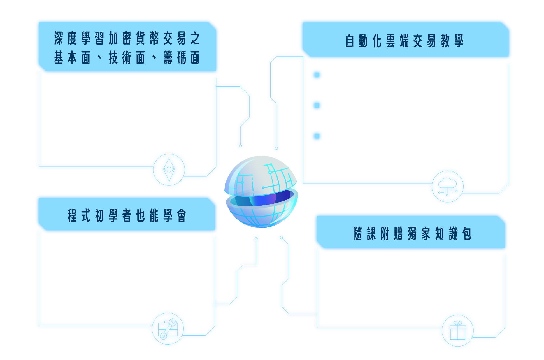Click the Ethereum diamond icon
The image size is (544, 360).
[x=169, y=169]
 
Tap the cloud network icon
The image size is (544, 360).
[x=447, y=187]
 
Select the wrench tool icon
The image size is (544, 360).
[x=168, y=329]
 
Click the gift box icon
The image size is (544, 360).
[x=457, y=331]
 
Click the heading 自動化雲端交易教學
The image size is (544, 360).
[x=404, y=41]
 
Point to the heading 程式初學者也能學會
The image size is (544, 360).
[x=127, y=216]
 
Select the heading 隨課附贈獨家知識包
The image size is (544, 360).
[x=412, y=234]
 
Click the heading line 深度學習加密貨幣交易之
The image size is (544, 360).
[x=127, y=38]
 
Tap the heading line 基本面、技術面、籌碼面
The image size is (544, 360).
[x=127, y=58]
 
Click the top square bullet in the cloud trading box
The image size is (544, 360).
[x=317, y=75]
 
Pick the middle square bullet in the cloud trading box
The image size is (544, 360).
[x=317, y=105]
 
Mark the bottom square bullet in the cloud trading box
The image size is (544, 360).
[x=317, y=136]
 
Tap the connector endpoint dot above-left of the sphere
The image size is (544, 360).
[x=240, y=146]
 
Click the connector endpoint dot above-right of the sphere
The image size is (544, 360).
[x=276, y=148]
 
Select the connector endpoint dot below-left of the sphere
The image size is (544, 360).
[x=256, y=239]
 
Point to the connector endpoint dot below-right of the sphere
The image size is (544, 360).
[x=281, y=238]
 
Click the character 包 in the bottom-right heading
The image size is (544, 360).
[x=467, y=234]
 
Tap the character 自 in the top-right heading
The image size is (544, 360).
[x=350, y=41]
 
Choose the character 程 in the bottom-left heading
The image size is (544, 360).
[x=72, y=216]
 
